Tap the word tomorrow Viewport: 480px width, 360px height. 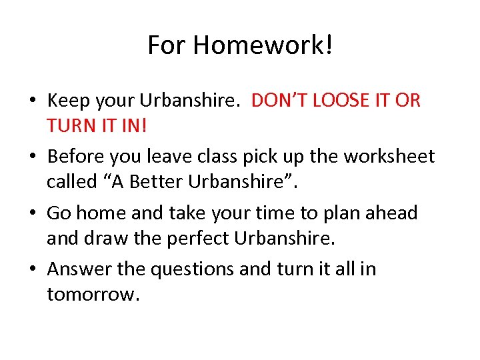click(93, 294)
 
